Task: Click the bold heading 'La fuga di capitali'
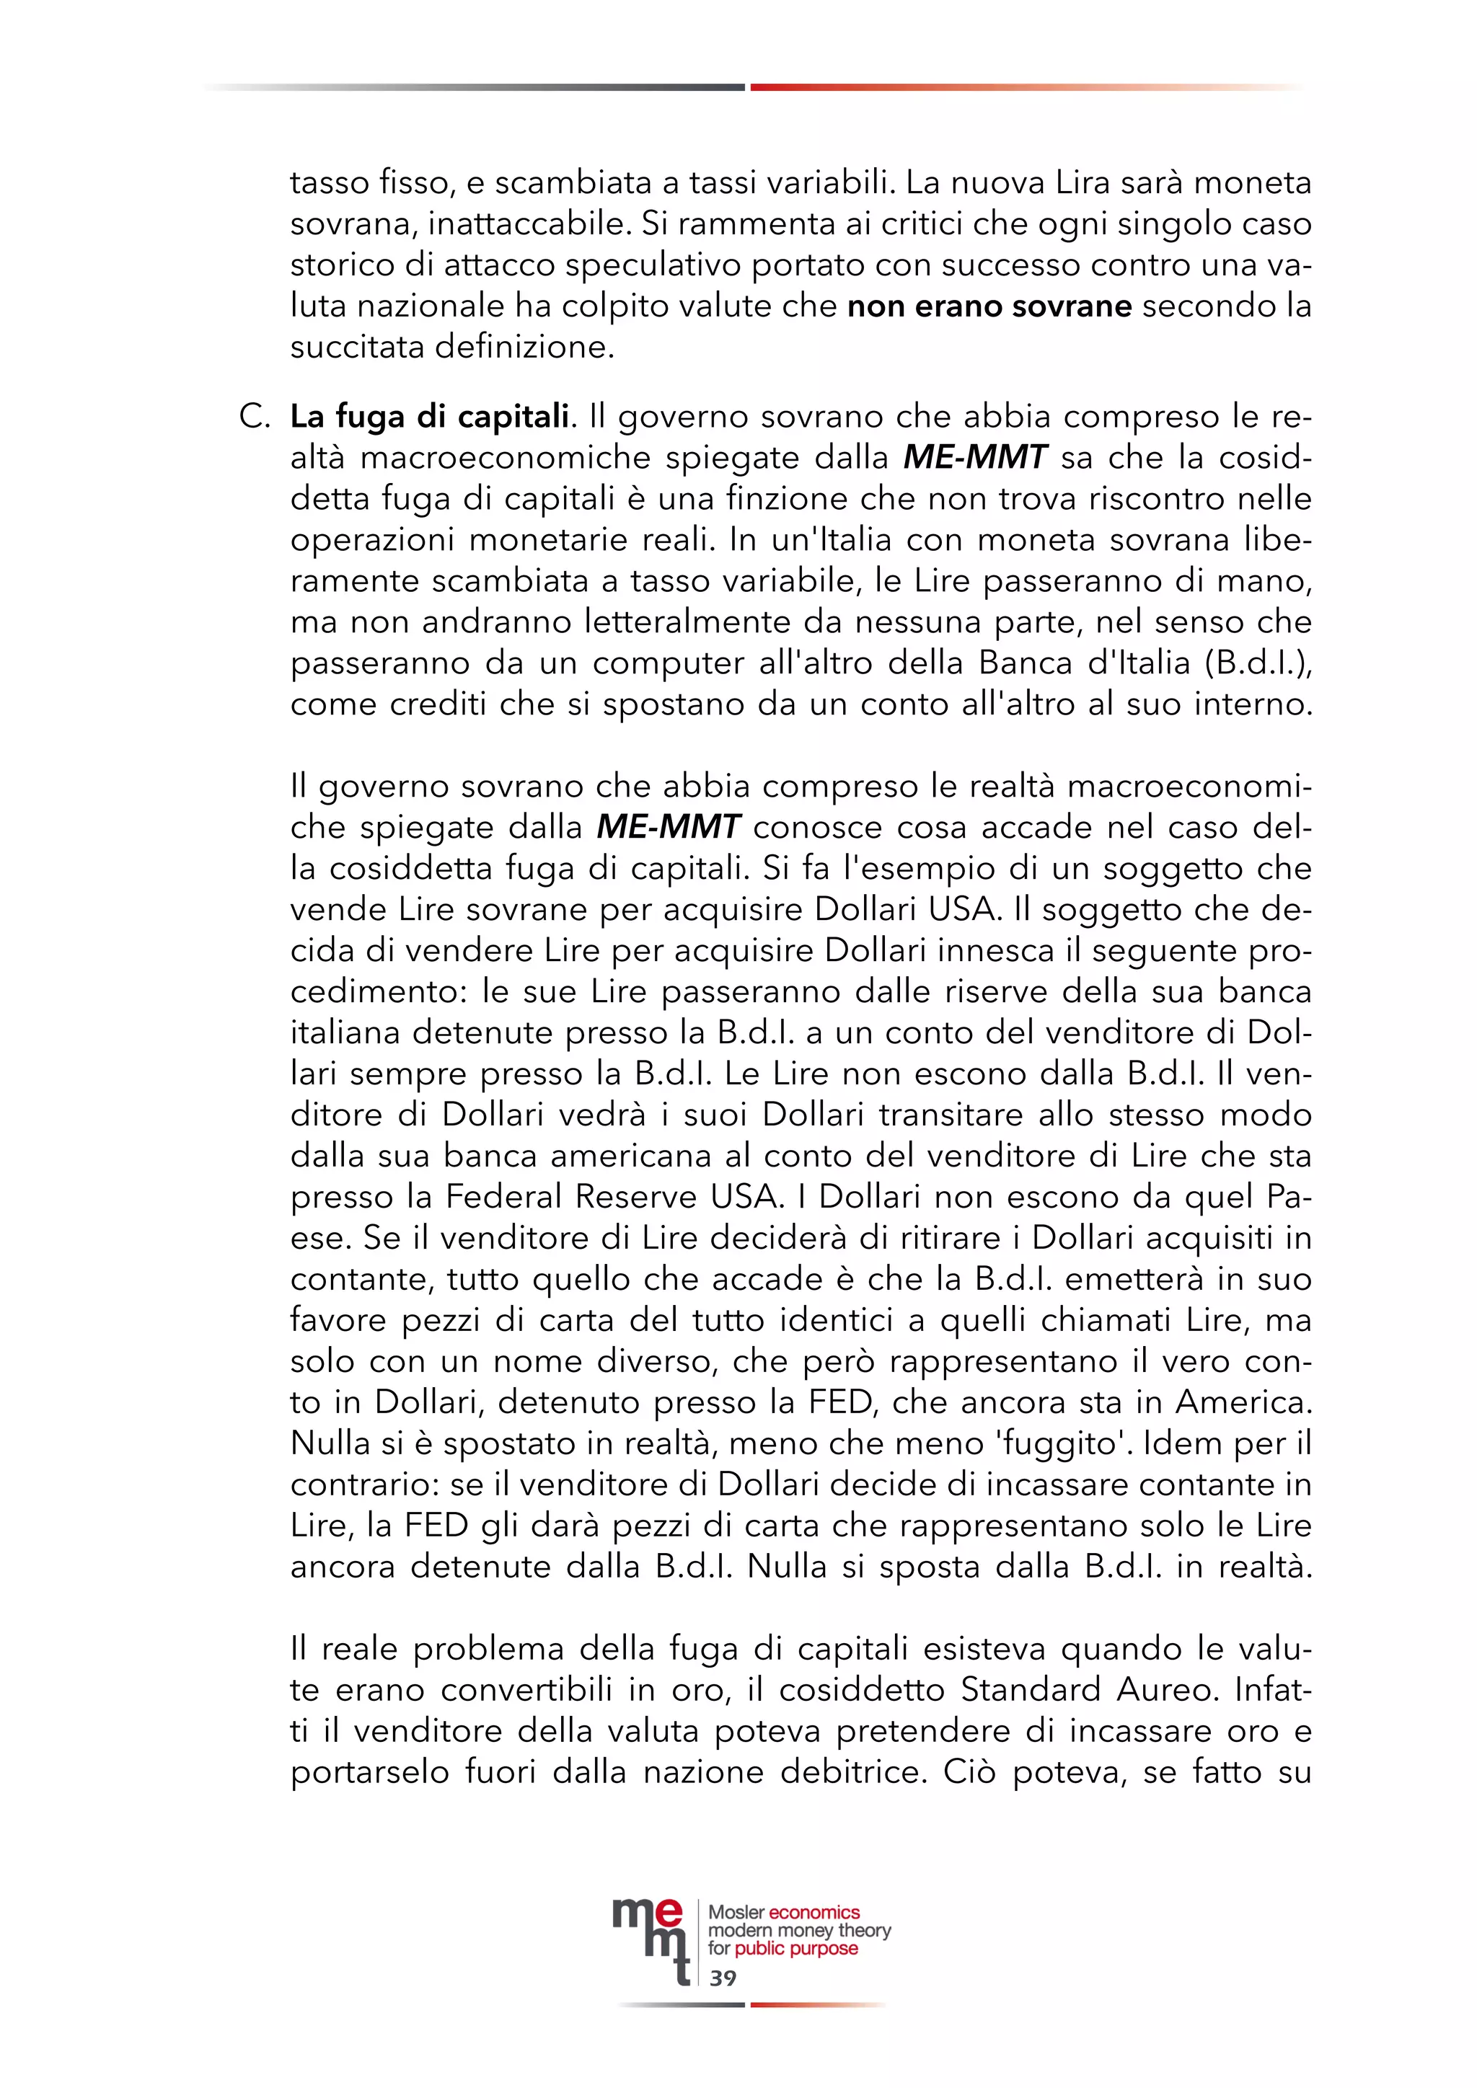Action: [429, 417]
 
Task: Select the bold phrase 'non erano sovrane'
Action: [989, 306]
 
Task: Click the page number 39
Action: [723, 1978]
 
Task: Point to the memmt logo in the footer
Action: [651, 1938]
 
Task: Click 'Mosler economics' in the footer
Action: [783, 1913]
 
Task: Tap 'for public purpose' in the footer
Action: [782, 1949]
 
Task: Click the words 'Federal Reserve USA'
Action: [613, 1197]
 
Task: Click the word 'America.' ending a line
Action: [1243, 1402]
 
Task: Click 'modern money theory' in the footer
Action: [798, 1931]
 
